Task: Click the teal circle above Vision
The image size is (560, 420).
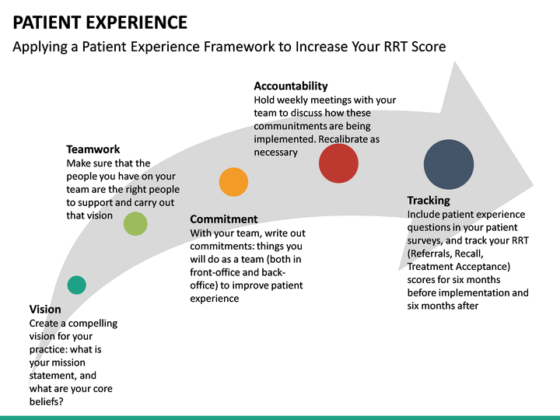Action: (76, 285)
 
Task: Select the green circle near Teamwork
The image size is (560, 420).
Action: (135, 224)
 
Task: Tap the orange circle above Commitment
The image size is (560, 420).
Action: (233, 181)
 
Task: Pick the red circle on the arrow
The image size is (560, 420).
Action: (338, 163)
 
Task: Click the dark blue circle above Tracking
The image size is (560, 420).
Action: (449, 164)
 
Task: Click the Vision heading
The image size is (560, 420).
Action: (45, 310)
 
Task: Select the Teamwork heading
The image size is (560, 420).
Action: (93, 149)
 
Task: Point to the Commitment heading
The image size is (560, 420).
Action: (224, 219)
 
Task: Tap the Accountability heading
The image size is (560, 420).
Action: (291, 86)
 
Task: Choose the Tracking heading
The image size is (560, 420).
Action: (429, 201)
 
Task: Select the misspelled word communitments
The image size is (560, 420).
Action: (290, 126)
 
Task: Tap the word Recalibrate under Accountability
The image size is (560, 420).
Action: (348, 139)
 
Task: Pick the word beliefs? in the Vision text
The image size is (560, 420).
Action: (47, 402)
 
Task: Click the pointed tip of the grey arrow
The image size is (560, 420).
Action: (533, 187)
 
